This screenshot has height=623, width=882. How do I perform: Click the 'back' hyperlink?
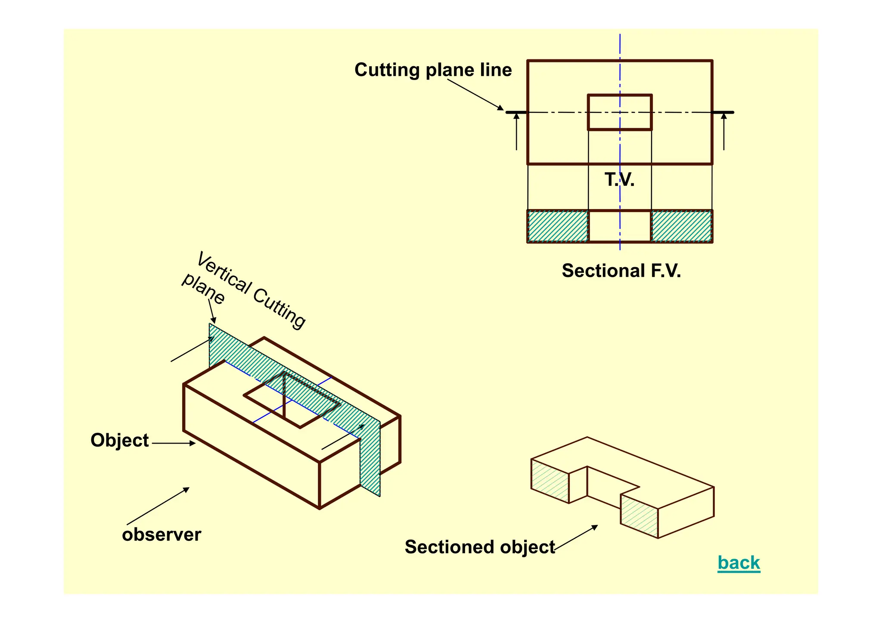739,563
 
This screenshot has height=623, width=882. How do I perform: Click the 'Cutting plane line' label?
433,70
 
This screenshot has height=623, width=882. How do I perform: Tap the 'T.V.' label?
619,179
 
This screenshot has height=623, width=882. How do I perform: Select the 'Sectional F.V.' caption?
621,271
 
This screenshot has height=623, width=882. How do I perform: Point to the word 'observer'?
161,534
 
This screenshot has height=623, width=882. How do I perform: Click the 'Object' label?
119,440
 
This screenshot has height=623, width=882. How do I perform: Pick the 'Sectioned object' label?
479,547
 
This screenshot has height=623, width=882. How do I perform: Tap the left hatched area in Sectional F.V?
558,226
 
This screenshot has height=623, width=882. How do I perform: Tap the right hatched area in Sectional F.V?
681,226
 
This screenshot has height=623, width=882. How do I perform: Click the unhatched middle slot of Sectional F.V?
620,226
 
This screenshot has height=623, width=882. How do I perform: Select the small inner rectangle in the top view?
620,112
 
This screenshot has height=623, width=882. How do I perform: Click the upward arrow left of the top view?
516,131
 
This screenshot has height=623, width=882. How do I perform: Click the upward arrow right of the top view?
724,131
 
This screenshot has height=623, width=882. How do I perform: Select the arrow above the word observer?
158,506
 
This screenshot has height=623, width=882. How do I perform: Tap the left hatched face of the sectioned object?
550,481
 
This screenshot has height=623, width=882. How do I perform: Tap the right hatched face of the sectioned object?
639,516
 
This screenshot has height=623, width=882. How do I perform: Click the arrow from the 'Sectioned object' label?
576,538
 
